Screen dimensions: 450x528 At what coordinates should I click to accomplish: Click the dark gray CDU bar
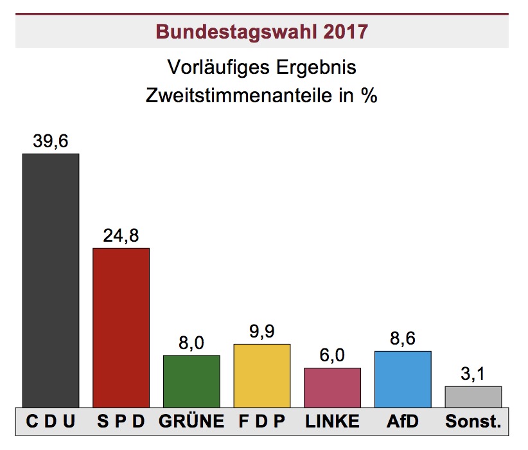[51, 280]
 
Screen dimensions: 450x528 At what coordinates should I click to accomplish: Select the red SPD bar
[121, 328]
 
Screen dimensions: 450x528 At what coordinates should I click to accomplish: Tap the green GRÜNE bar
[191, 381]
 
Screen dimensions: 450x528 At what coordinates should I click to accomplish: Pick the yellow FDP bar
[261, 375]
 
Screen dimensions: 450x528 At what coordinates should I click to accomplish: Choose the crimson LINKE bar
[332, 388]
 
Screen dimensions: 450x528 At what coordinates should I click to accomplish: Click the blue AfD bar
[402, 379]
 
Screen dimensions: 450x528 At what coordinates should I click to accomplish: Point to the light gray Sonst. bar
[473, 397]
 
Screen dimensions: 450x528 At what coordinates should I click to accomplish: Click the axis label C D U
[51, 422]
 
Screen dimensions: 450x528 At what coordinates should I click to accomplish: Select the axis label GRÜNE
[191, 422]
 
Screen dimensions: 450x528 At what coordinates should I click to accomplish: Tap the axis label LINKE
[332, 422]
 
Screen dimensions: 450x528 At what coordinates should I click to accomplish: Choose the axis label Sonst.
[473, 422]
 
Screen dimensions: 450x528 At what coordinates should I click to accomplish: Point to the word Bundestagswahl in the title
[234, 32]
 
